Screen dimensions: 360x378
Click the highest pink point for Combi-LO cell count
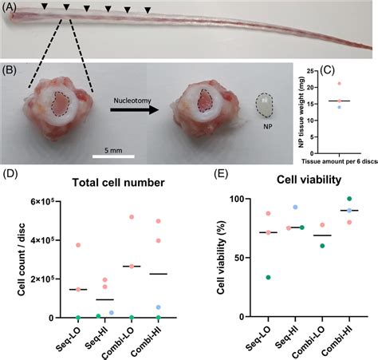coord(131,217)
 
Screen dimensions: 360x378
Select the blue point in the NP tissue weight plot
coord(338,106)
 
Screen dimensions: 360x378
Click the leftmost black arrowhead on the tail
coord(44,7)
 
